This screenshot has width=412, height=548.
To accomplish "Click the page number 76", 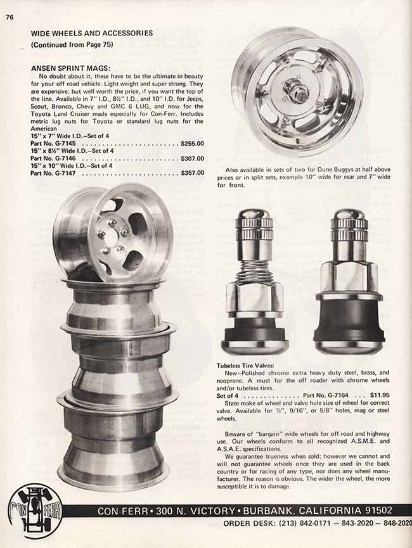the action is [10, 16].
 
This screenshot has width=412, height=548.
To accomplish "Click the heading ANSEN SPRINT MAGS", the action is [70, 68].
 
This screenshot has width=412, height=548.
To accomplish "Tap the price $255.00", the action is [192, 143].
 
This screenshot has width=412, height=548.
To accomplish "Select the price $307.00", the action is [192, 158].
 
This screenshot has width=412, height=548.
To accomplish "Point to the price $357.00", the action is [192, 173].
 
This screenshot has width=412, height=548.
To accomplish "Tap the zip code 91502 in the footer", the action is [379, 510].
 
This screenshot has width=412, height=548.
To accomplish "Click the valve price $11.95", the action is [380, 395].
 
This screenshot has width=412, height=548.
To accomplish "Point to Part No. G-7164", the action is [326, 395].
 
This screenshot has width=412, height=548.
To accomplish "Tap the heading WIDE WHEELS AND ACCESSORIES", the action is [92, 33].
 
